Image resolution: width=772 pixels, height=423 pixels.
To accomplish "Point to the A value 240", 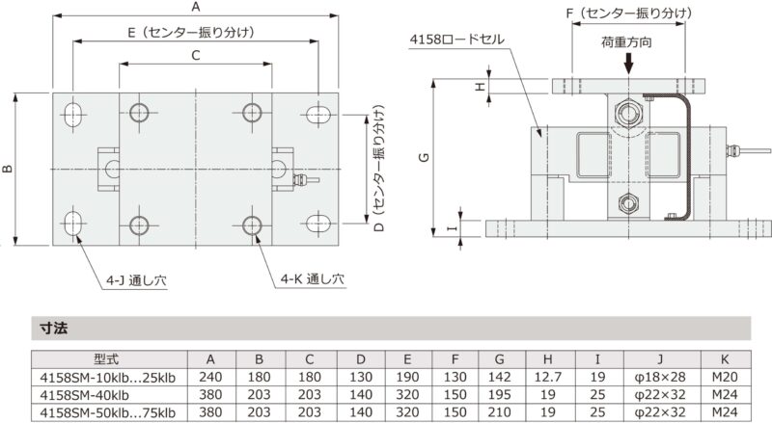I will pos(212,377).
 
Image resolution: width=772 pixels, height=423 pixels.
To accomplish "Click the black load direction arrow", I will pos(628,64).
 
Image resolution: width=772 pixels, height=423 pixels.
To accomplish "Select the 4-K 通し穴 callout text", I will pos(313,280).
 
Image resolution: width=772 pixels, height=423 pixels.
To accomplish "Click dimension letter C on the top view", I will pos(195,56).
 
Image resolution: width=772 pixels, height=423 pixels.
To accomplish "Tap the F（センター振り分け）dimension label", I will pos(627,13).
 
